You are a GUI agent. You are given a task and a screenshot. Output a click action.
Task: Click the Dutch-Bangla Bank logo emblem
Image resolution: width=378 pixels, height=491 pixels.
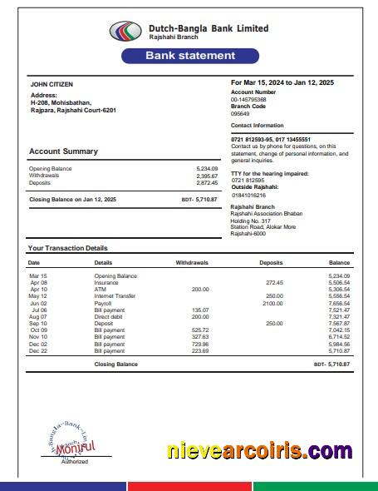(126, 32)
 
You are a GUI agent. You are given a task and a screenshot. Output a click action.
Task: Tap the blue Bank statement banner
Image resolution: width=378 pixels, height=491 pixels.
(190, 56)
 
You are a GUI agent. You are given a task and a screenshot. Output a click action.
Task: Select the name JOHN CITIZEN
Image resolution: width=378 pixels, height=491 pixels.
(52, 84)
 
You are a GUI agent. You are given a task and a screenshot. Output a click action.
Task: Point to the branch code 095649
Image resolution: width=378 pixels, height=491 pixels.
(240, 113)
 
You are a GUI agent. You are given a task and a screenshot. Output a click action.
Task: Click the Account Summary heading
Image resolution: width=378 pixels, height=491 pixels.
(63, 151)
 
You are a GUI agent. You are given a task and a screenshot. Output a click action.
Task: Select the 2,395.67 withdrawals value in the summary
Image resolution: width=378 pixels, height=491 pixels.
(207, 176)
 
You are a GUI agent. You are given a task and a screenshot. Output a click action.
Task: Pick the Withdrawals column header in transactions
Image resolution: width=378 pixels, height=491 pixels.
(192, 262)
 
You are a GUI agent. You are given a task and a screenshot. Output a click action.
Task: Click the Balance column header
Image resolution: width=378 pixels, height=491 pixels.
(339, 262)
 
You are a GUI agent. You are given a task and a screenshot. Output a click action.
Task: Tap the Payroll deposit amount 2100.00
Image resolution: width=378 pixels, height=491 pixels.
(272, 303)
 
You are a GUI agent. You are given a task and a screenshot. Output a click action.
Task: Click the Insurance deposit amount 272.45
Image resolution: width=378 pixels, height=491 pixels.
(274, 282)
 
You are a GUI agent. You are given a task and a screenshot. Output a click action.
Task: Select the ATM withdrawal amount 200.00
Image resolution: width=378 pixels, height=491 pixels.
(200, 289)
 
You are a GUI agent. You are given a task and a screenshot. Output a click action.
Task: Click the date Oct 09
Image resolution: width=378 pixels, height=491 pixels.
(38, 330)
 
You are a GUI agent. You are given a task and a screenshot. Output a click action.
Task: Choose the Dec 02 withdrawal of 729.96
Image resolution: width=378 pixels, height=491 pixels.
(200, 344)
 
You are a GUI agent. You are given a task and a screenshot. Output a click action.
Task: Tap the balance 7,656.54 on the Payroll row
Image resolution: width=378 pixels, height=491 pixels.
(339, 303)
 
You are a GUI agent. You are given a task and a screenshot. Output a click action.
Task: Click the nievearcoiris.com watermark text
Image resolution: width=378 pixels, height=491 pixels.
(258, 451)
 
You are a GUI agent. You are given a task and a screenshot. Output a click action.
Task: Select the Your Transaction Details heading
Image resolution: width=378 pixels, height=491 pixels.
(67, 248)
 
